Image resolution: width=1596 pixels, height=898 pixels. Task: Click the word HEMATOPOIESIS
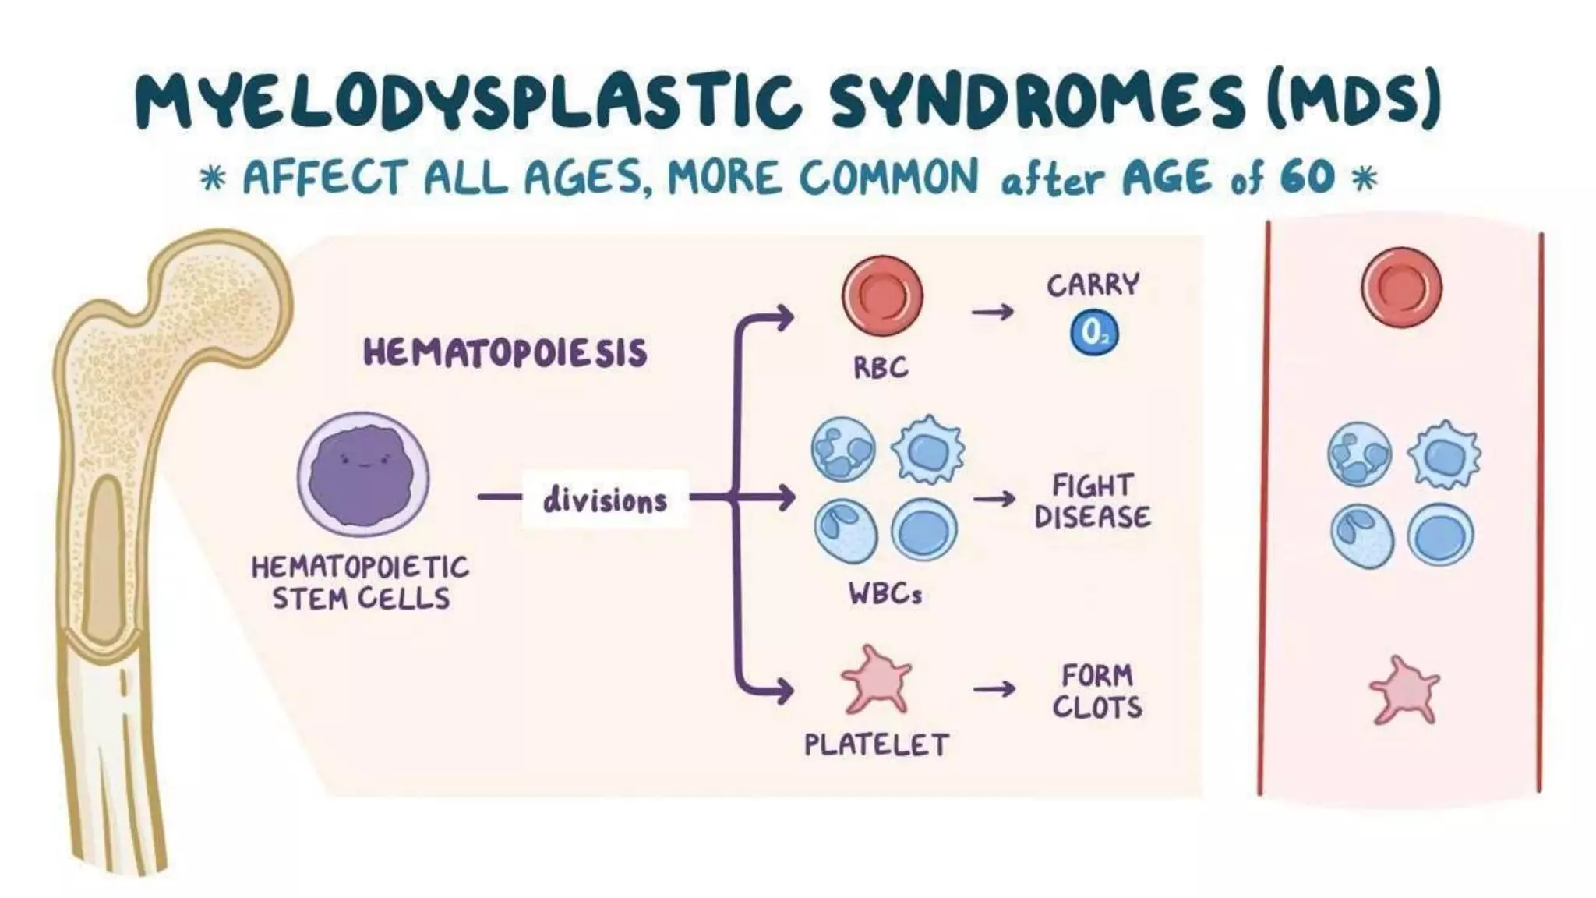pos(505,352)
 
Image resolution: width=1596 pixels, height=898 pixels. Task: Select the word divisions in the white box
pos(605,500)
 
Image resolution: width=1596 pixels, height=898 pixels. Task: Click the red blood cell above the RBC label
pos(882,296)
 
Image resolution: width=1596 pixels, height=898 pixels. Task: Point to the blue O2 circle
pos(1093,333)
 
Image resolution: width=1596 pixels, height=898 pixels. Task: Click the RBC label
pos(881,367)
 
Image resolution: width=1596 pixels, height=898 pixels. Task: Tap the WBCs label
pos(885,595)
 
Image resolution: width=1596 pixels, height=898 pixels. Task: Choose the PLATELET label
pos(877,745)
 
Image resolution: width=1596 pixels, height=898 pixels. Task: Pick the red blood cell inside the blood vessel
pos(1401,287)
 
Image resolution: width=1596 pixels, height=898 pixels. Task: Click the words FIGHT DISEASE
pos(1093,501)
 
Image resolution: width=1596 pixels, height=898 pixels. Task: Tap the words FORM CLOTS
pos(1097,691)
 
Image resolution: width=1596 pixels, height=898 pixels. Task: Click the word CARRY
pos(1093,285)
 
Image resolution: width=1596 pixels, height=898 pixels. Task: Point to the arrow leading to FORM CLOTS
pos(994,688)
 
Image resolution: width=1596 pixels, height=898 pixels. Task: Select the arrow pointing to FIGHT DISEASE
pos(994,499)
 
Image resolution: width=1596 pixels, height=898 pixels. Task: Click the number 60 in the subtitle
pos(1307,177)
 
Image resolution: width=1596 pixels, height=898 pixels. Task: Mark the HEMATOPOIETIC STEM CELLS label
pos(360,582)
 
